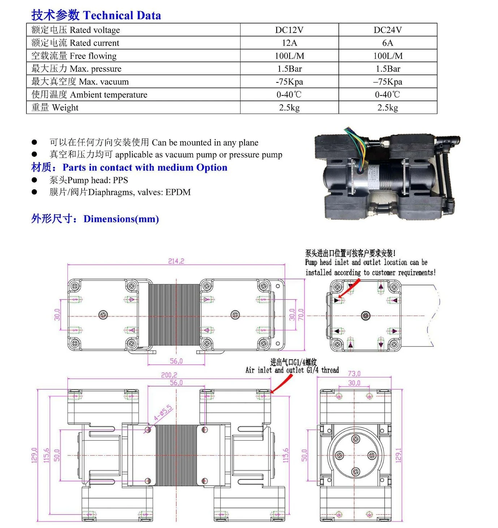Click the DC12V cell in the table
[289, 30]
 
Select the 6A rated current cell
[388, 43]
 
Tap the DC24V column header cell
[388, 30]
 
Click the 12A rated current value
[289, 43]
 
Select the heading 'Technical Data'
[122, 16]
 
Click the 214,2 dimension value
[176, 261]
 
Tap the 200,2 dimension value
[169, 375]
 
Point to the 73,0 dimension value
[354, 374]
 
